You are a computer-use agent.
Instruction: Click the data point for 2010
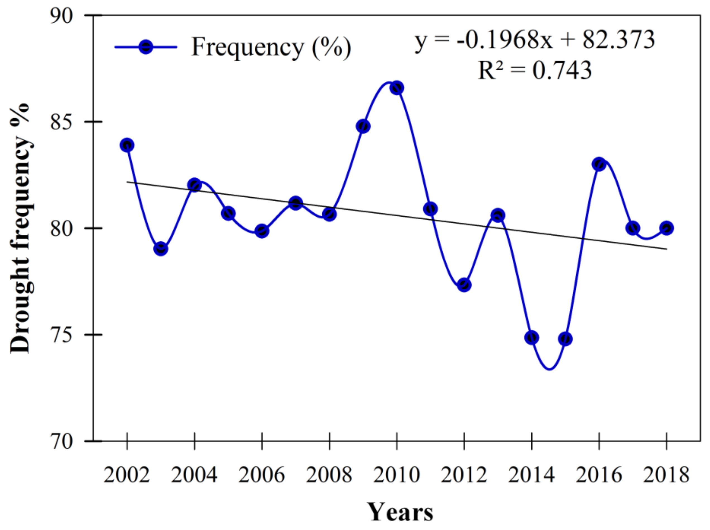(x=397, y=88)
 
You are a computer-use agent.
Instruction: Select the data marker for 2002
(x=127, y=145)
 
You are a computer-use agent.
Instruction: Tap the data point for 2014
(x=532, y=337)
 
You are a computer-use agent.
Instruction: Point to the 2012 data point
(x=464, y=285)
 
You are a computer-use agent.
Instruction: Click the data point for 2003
(x=161, y=249)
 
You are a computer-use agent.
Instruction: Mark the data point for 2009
(x=363, y=126)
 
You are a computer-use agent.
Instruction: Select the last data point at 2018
(x=666, y=228)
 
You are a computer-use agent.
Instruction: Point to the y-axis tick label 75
(x=61, y=335)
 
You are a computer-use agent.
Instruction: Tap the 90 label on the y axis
(x=61, y=15)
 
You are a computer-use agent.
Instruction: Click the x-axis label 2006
(x=262, y=475)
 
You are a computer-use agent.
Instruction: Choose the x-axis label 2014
(x=531, y=475)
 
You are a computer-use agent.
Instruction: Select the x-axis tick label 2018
(x=666, y=475)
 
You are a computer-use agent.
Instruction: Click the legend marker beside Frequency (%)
(x=146, y=47)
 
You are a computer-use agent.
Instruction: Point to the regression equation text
(x=534, y=41)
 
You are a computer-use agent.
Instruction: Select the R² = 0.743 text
(x=534, y=70)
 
